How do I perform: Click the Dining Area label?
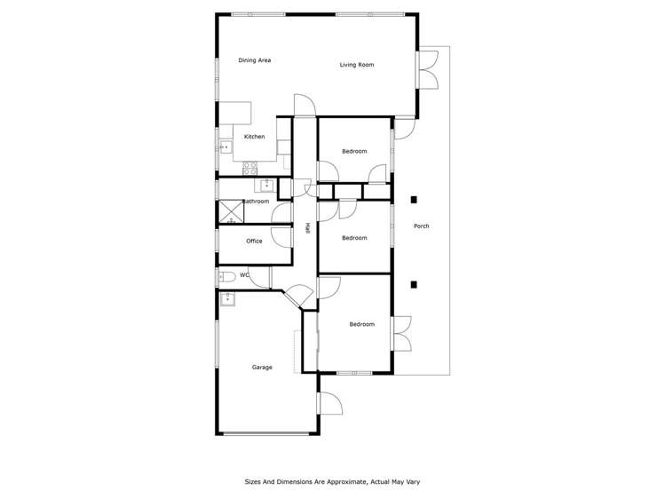click(254, 60)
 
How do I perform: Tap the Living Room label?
click(356, 65)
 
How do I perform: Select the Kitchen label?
click(254, 137)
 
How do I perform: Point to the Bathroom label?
click(256, 202)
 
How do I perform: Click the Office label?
click(254, 242)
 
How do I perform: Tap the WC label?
click(243, 275)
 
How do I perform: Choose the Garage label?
click(262, 368)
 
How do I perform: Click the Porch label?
click(422, 226)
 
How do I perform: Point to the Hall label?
click(307, 227)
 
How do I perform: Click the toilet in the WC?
click(226, 276)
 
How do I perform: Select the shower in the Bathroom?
click(231, 211)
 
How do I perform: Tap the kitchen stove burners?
click(250, 166)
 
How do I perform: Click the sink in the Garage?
click(227, 298)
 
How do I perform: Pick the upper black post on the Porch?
click(414, 200)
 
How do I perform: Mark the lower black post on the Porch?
click(414, 284)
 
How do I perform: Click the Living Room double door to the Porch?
click(428, 70)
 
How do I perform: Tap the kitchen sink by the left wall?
click(225, 147)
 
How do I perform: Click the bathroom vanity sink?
click(266, 186)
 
